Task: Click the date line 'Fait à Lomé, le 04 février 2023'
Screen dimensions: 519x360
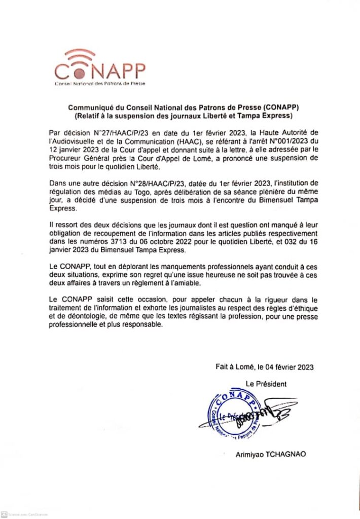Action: (x=264, y=367)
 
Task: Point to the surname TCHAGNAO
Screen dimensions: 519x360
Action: (x=287, y=455)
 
